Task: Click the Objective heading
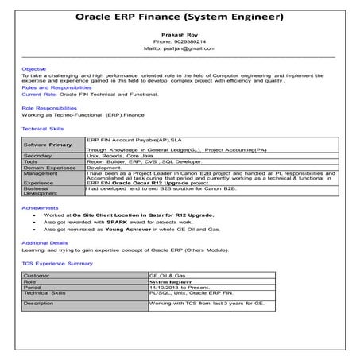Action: tap(34, 69)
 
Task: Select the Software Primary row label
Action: tap(48, 146)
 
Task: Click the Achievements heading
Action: tap(40, 207)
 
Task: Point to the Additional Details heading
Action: tap(45, 242)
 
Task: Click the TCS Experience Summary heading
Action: tap(57, 262)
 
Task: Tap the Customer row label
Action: tap(37, 275)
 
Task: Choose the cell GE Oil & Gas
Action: tap(167, 275)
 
